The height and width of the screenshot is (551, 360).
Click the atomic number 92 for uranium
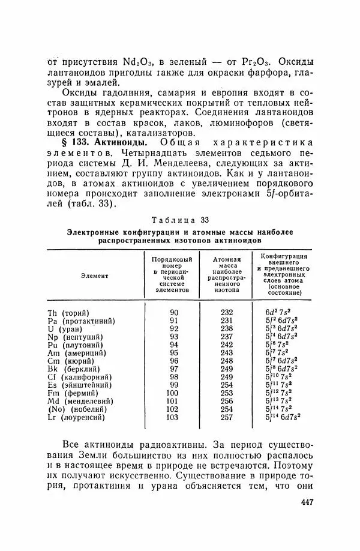[174, 328]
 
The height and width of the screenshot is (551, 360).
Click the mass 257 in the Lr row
[227, 417]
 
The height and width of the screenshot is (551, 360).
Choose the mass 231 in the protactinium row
[227, 321]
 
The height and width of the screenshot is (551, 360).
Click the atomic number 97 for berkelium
[174, 369]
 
